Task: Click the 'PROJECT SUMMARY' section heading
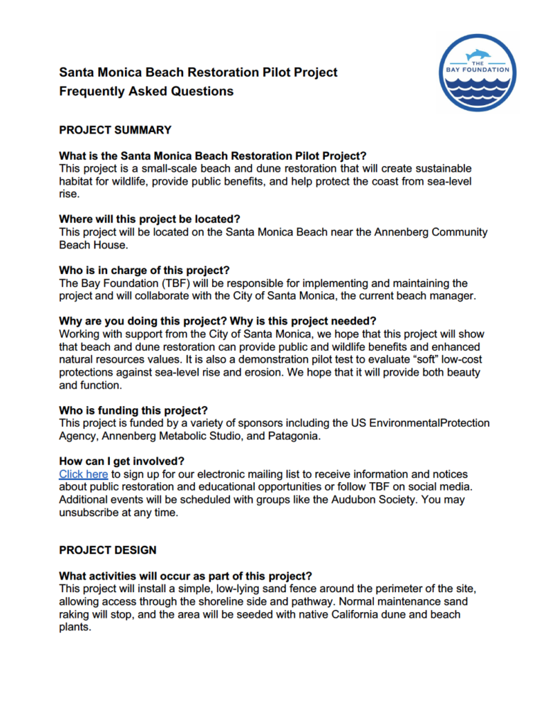(115, 130)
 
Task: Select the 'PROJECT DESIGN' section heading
(108, 550)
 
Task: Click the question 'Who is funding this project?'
(133, 410)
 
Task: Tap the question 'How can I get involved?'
(121, 461)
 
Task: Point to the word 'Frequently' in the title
(92, 91)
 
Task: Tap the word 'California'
(322, 614)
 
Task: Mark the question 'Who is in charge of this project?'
(145, 270)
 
